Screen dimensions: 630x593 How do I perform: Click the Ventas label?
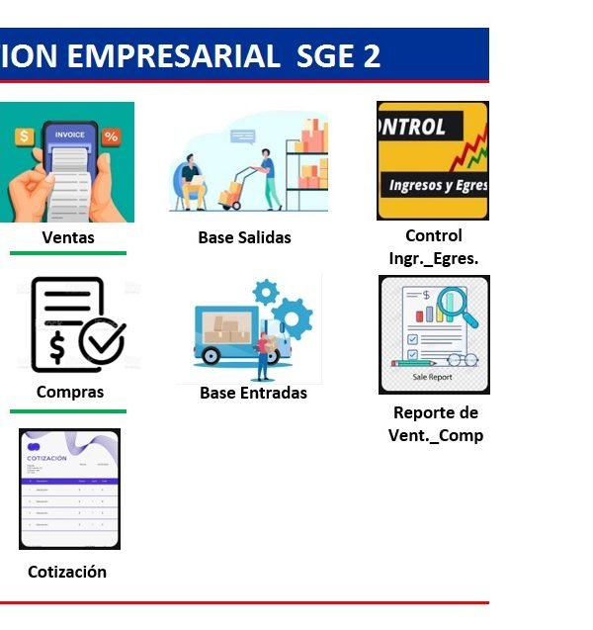click(68, 237)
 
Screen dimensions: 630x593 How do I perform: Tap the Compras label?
click(70, 392)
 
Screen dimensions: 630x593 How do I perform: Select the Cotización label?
click(67, 572)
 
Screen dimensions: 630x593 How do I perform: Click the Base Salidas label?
click(244, 237)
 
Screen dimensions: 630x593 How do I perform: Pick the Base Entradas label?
click(253, 393)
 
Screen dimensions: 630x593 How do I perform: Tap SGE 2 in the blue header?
click(338, 55)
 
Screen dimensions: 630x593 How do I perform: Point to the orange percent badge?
click(111, 136)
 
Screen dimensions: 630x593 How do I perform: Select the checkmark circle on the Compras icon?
click(101, 343)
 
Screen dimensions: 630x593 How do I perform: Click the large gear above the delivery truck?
click(292, 318)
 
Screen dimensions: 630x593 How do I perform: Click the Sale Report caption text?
click(433, 378)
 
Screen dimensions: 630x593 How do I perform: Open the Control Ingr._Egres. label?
click(434, 247)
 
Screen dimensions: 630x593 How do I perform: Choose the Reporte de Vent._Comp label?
click(436, 424)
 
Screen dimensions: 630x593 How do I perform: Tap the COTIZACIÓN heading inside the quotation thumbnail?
click(48, 459)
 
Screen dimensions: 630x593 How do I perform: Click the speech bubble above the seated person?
click(241, 137)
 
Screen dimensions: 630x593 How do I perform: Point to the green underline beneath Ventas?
click(68, 254)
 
